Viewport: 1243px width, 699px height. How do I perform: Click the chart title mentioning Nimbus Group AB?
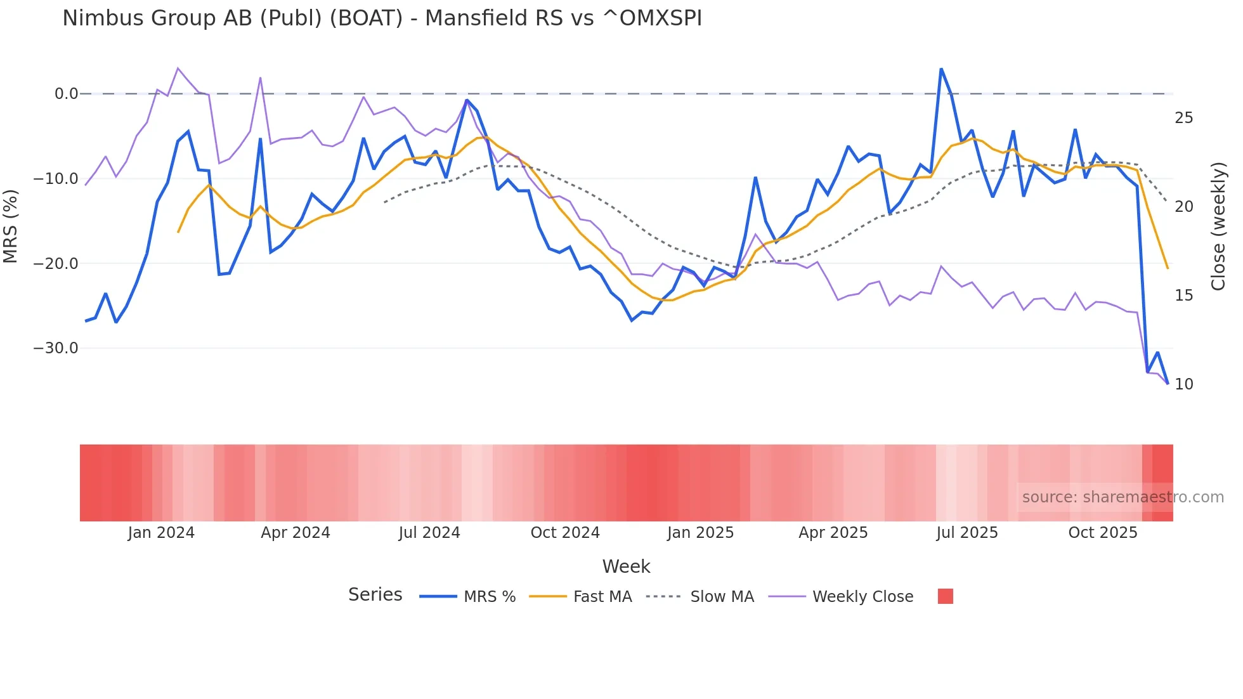(382, 18)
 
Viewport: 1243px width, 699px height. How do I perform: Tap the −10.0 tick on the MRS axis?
(56, 179)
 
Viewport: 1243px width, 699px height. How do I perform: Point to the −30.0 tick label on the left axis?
(56, 348)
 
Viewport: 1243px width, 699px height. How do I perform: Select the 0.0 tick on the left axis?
(66, 94)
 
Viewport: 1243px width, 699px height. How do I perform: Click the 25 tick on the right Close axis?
(1183, 118)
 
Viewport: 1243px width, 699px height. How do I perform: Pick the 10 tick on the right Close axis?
(1183, 384)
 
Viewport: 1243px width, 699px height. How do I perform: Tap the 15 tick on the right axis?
(1183, 296)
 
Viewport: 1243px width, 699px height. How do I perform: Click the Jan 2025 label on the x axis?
(700, 533)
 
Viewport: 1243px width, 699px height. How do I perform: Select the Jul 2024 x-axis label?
(429, 533)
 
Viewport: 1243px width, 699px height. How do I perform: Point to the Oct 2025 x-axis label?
(1103, 533)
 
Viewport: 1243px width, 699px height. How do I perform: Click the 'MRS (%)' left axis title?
(11, 226)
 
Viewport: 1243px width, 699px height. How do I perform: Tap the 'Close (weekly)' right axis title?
(1218, 226)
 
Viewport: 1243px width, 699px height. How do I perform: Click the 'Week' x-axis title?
(626, 566)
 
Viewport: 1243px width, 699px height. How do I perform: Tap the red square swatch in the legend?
(945, 596)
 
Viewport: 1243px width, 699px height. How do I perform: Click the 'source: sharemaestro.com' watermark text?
(1123, 497)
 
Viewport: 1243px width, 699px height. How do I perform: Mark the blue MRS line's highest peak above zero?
(941, 69)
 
